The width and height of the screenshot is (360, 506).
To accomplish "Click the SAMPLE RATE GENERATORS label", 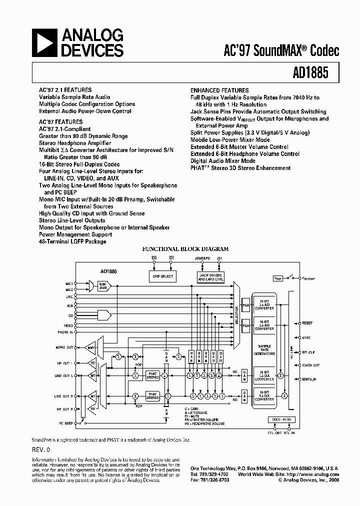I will (264, 349).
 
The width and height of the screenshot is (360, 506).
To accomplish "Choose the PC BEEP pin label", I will (65, 423).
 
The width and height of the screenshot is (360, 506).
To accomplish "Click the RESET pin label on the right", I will (307, 323).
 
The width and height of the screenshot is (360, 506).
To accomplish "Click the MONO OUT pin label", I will (64, 346).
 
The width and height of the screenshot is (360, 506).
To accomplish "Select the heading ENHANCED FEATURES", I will (219, 90).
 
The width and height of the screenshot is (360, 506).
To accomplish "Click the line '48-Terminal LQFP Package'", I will (72, 241).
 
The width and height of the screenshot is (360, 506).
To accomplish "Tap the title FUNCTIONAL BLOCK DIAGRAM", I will (185, 249).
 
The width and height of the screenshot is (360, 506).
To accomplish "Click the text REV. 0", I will (42, 450).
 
